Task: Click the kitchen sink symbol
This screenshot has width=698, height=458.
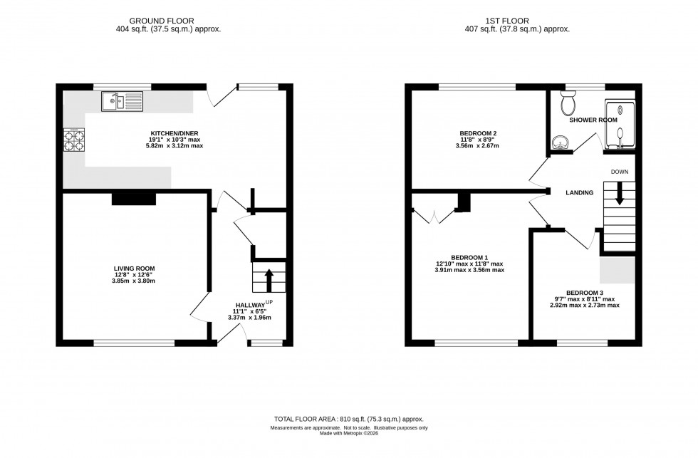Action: pyautogui.click(x=122, y=102)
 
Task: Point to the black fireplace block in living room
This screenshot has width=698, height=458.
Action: pyautogui.click(x=134, y=199)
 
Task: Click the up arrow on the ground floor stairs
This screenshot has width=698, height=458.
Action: pyautogui.click(x=269, y=279)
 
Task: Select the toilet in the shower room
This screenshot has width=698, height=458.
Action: pyautogui.click(x=568, y=104)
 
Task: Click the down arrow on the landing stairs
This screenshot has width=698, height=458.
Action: pyautogui.click(x=619, y=194)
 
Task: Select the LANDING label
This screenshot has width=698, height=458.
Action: pyautogui.click(x=579, y=192)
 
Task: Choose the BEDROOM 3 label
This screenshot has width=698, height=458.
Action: pyautogui.click(x=584, y=292)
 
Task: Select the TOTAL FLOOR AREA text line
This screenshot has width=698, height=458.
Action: pyautogui.click(x=349, y=420)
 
